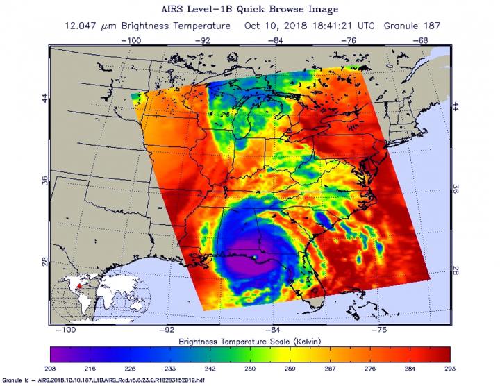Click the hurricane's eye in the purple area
255,258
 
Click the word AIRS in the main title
182,10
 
